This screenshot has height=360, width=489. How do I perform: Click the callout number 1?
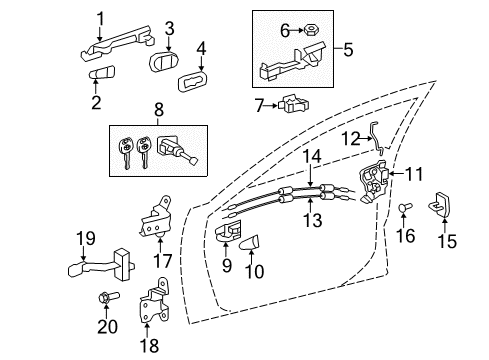(100, 17)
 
